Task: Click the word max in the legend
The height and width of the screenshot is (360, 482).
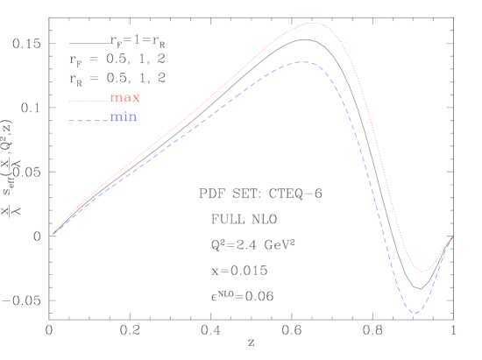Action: [124, 98]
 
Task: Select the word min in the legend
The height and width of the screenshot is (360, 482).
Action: [124, 117]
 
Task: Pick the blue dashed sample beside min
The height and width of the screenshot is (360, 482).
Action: [89, 120]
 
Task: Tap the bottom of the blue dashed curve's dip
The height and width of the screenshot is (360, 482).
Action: [415, 313]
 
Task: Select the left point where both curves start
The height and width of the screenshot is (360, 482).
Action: [54, 232]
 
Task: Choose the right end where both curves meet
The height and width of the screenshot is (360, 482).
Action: [451, 238]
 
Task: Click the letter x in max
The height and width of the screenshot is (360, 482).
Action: [135, 98]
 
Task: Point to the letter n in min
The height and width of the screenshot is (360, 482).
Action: [132, 117]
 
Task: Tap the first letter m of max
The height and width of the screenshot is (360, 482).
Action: [115, 98]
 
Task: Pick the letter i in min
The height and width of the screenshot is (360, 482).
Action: [124, 117]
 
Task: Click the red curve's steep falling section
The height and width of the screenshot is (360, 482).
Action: [377, 149]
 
